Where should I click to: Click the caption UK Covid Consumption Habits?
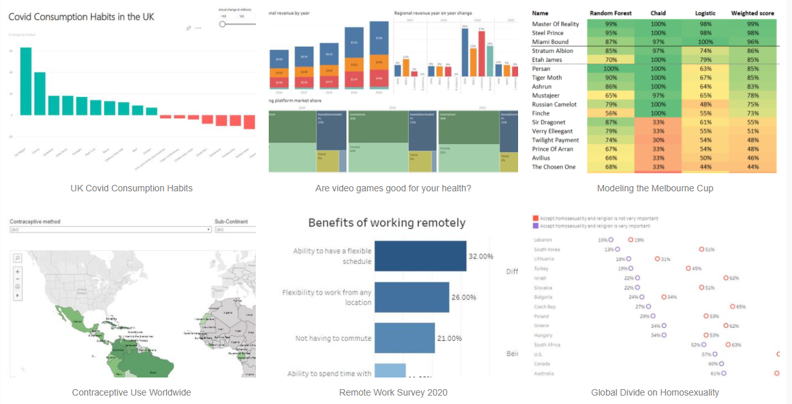pyautogui.click(x=131, y=188)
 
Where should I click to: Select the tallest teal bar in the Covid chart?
pyautogui.click(x=26, y=81)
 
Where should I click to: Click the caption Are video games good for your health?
pyautogui.click(x=393, y=188)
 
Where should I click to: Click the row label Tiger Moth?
pyautogui.click(x=547, y=78)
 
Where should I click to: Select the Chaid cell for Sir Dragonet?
pyautogui.click(x=658, y=122)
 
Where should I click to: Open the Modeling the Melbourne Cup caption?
pyautogui.click(x=654, y=188)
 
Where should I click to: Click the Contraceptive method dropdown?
pyautogui.click(x=110, y=229)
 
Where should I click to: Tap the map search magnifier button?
pyautogui.click(x=17, y=258)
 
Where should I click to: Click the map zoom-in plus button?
pyautogui.click(x=17, y=271)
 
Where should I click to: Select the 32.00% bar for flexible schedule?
pyautogui.click(x=420, y=256)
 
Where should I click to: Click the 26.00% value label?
pyautogui.click(x=464, y=297)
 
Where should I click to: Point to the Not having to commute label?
pyautogui.click(x=333, y=338)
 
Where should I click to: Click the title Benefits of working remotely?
pyautogui.click(x=386, y=223)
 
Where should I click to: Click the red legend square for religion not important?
pyautogui.click(x=536, y=218)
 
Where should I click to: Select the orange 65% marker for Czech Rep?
pyautogui.click(x=733, y=306)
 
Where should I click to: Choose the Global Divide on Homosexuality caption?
pyautogui.click(x=654, y=392)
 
